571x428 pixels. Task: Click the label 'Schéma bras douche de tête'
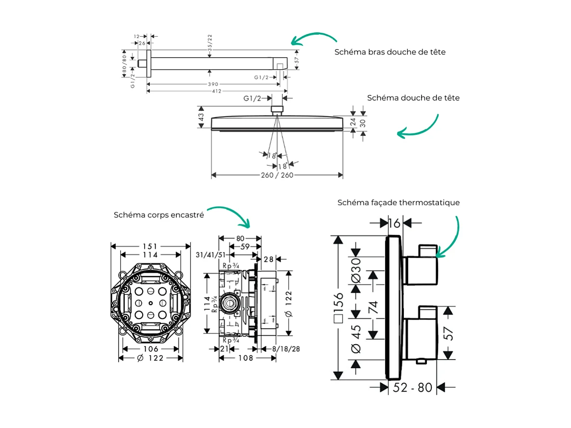click(x=390, y=52)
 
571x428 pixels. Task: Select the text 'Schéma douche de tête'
click(x=413, y=98)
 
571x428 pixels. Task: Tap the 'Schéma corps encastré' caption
click(x=159, y=215)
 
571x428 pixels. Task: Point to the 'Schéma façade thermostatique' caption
click(x=398, y=202)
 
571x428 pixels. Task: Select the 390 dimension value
click(x=213, y=84)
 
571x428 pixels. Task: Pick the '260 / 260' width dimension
click(x=277, y=175)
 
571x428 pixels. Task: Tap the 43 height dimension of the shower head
click(x=201, y=117)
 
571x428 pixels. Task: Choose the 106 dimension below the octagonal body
click(x=150, y=349)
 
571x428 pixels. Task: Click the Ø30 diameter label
click(x=356, y=271)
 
